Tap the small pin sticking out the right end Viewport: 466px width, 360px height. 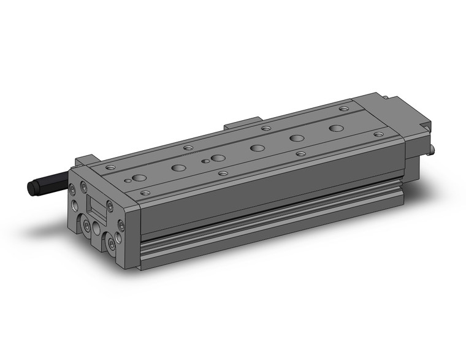click(x=434, y=149)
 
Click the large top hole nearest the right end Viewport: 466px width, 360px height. click(x=336, y=128)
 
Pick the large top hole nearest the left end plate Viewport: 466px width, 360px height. click(x=139, y=178)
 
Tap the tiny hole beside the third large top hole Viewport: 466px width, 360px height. click(x=205, y=161)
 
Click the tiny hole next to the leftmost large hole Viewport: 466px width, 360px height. click(x=128, y=180)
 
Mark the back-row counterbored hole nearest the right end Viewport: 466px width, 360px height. click(x=343, y=109)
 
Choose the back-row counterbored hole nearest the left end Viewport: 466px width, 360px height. click(x=110, y=167)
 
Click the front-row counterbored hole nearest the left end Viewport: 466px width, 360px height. click(x=145, y=193)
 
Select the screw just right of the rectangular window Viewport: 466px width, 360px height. click(x=110, y=205)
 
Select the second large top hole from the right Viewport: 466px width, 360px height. click(x=298, y=138)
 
